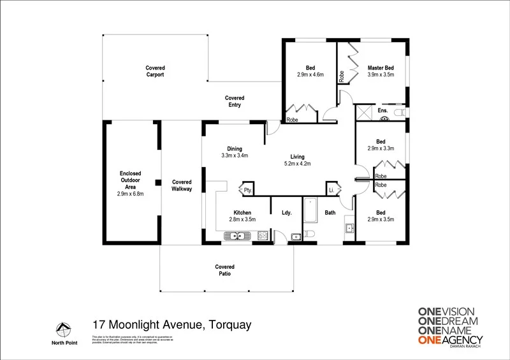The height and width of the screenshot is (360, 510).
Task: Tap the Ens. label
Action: click(382, 111)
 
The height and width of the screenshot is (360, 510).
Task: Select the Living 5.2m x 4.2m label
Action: click(297, 160)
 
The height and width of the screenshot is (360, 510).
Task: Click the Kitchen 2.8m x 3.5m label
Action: click(242, 215)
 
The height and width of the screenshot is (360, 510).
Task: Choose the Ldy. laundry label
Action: click(287, 212)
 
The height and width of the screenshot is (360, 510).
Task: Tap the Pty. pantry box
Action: click(247, 190)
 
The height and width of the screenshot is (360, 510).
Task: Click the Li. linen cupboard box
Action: click(331, 190)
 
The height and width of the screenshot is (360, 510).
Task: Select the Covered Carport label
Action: click(155, 71)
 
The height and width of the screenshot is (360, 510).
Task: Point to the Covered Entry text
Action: click(235, 102)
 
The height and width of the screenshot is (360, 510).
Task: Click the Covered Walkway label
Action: click(182, 185)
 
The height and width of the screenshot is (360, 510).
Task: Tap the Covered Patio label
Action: click(224, 270)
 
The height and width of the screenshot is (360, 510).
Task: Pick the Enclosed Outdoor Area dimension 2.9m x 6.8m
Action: click(131, 194)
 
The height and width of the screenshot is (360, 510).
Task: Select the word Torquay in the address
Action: click(229, 326)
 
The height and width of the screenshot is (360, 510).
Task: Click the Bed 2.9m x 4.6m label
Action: click(310, 71)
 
